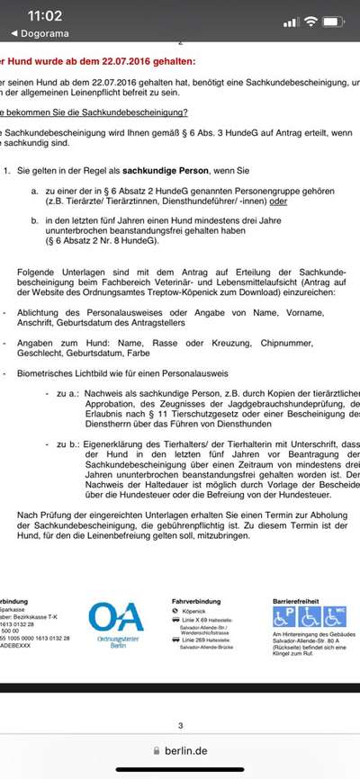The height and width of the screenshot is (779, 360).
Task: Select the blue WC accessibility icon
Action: [335, 617]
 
